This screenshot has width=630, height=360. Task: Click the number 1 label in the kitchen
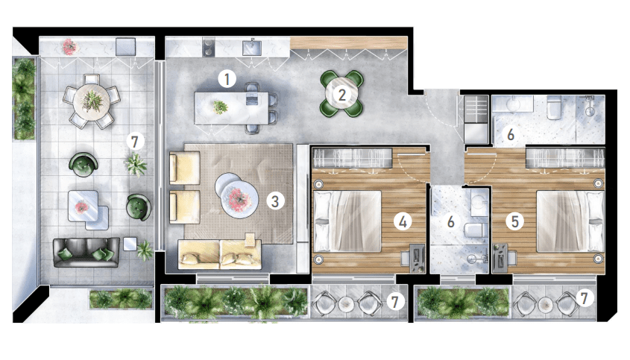tap(227, 79)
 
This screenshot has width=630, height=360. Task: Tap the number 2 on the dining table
tap(342, 95)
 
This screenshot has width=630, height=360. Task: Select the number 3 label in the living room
tap(275, 201)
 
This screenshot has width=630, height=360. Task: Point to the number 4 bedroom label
tap(403, 221)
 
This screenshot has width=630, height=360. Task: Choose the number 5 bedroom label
tap(515, 221)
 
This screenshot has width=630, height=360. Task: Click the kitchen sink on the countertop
tap(251, 48)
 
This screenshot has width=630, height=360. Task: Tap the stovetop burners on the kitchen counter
tap(209, 47)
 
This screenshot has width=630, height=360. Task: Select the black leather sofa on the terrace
tap(86, 253)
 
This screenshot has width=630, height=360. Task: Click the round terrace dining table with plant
tap(92, 101)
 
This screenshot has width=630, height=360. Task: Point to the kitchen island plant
tap(220, 107)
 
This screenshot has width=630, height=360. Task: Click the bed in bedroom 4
tap(347, 221)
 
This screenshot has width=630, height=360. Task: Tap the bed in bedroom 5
tap(570, 221)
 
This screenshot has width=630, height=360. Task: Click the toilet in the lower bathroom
tap(476, 230)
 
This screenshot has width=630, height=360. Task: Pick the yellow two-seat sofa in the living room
tap(220, 254)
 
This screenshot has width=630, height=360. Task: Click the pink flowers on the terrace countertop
tap(69, 47)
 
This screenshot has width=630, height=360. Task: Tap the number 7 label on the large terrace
tap(135, 142)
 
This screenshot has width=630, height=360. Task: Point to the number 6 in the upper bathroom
tap(511, 134)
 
